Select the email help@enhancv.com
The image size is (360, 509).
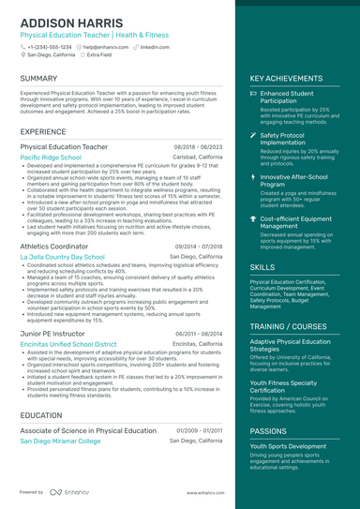[105, 46]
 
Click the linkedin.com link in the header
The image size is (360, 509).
[155, 46]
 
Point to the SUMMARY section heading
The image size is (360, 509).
[38, 78]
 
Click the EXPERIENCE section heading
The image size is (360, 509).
[43, 132]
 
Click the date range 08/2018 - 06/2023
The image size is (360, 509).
[198, 147]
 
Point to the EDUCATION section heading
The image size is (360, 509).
[41, 414]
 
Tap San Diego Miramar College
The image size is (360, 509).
[60, 440]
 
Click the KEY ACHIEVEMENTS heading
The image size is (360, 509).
[288, 79]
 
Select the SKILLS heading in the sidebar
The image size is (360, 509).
[262, 267]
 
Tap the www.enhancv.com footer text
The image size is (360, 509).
[202, 492]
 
